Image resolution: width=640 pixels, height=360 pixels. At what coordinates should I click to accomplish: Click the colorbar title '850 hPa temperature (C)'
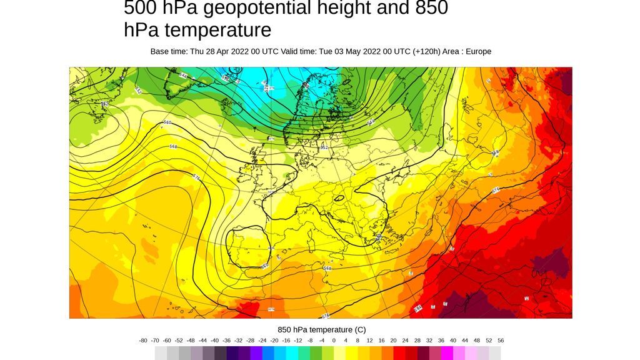(x=321, y=329)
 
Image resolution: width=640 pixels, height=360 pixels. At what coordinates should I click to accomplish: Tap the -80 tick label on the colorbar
(x=143, y=341)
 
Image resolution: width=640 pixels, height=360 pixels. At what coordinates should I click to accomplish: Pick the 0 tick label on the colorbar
(x=334, y=341)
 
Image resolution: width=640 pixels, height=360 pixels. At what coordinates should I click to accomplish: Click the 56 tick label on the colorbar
(x=501, y=341)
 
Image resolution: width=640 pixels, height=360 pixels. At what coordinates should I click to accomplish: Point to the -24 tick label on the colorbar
(x=262, y=341)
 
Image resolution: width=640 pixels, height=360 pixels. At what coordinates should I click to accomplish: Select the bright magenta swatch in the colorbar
(x=447, y=353)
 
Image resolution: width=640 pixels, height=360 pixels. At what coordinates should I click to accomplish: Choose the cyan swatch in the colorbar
(x=292, y=353)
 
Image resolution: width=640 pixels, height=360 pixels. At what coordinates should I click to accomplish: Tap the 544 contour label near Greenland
(x=183, y=76)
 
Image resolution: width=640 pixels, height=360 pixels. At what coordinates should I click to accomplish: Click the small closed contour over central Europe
(x=339, y=199)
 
